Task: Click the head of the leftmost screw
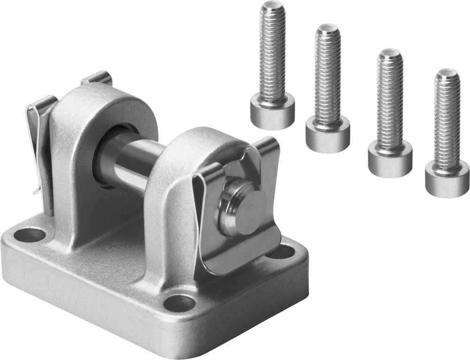click(272, 111)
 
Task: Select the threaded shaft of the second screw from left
click(328, 75)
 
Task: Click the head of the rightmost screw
click(447, 179)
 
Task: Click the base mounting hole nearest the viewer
click(179, 303)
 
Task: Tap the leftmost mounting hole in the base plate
click(32, 234)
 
